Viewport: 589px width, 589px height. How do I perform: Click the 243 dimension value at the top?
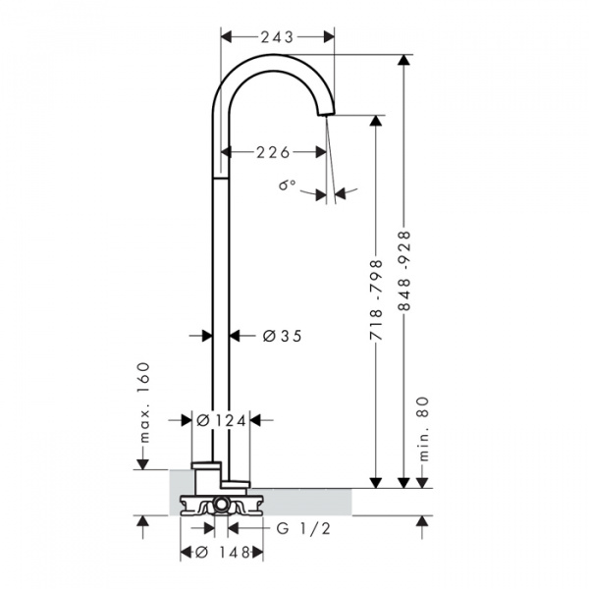(x=277, y=37)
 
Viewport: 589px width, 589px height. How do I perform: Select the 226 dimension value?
(x=273, y=152)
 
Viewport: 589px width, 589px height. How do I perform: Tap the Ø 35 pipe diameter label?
(x=282, y=336)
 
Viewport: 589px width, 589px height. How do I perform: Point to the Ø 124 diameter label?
(x=221, y=421)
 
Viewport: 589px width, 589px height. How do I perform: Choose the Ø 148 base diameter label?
(x=223, y=553)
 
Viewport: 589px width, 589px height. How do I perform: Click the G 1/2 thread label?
(x=303, y=528)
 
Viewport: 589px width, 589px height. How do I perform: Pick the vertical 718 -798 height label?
(x=376, y=299)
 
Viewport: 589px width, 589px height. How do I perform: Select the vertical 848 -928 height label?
(x=404, y=271)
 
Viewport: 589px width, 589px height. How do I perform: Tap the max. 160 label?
(x=143, y=402)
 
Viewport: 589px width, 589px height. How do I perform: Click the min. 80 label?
(x=423, y=429)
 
